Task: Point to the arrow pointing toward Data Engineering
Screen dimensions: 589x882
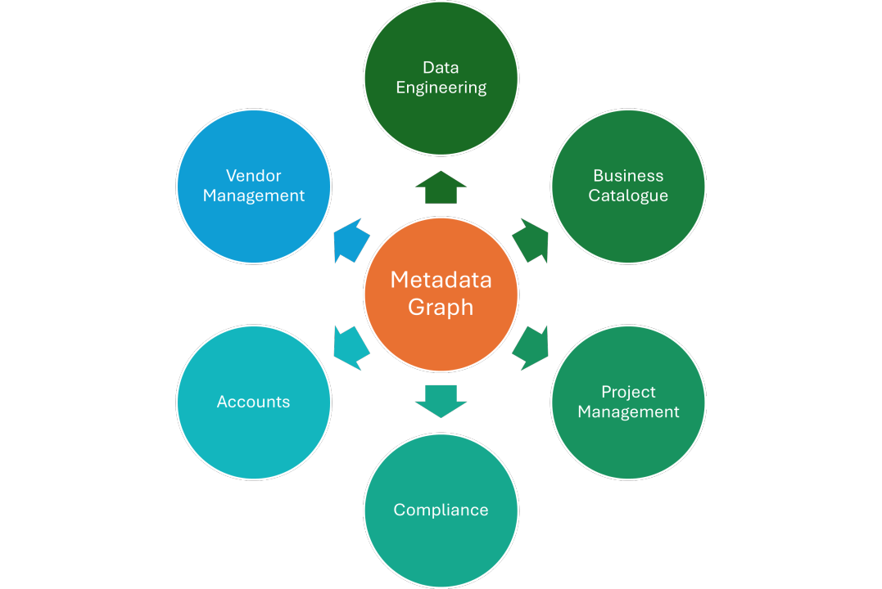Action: point(441,187)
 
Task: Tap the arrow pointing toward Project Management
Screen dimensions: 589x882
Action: point(531,347)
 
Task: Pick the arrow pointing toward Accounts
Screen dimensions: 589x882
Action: point(351,347)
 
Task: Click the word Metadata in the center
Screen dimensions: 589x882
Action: point(441,280)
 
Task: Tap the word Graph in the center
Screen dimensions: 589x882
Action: point(441,308)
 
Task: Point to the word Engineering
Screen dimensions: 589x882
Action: point(441,88)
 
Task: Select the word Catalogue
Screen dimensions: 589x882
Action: point(628,196)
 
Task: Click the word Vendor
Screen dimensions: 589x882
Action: point(254,175)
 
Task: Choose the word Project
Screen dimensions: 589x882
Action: point(628,391)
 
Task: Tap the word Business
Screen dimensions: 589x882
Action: point(628,175)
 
